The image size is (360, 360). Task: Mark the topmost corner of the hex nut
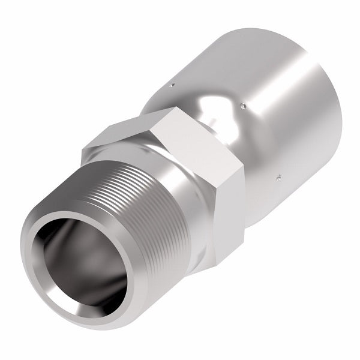coord(174,109)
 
